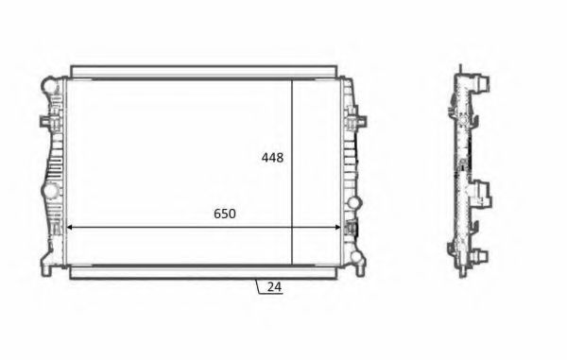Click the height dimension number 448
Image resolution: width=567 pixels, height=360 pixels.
(x=272, y=158)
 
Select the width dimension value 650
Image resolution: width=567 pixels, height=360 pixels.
(x=224, y=214)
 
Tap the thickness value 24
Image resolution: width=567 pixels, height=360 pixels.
(x=275, y=287)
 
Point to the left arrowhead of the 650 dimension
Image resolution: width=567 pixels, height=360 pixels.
(x=68, y=228)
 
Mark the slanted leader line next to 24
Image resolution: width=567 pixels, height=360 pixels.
(x=257, y=285)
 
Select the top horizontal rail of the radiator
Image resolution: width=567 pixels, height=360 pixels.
(x=203, y=72)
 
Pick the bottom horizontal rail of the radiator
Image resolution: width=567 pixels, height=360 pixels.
(x=203, y=272)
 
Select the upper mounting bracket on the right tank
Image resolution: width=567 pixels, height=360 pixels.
(x=357, y=121)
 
